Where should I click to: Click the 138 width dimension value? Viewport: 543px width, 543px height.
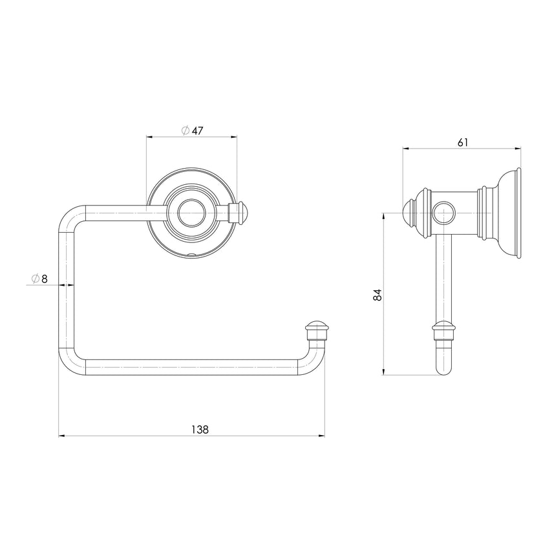tap(200, 429)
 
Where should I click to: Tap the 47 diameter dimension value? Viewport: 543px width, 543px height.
tap(198, 131)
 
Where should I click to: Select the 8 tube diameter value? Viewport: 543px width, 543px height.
tap(45, 279)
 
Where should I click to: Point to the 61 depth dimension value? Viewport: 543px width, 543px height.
tap(463, 142)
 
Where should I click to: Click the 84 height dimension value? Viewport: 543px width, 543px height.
tap(377, 295)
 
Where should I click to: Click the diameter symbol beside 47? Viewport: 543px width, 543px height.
tap(186, 131)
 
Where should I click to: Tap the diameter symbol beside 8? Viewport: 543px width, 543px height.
tap(36, 279)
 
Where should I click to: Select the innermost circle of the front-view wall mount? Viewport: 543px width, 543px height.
tap(191, 213)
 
